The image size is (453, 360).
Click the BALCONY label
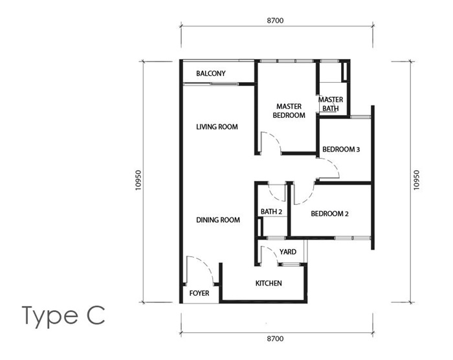coord(211,74)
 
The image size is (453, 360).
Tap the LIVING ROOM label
coord(217,127)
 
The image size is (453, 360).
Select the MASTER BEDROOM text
coord(289,111)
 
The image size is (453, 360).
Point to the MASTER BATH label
coord(330,104)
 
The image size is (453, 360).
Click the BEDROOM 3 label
coord(341,150)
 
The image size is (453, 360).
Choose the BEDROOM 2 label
coord(330,214)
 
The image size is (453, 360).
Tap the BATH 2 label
coord(272,212)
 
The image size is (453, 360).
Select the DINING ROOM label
coord(218,220)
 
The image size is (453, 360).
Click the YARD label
coord(287,252)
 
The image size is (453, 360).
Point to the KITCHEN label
coord(269,283)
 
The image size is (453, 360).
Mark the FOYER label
coord(199,293)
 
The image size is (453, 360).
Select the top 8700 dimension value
coord(276,21)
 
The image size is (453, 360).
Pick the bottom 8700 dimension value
coord(276,338)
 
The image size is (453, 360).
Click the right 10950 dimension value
coord(416,181)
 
